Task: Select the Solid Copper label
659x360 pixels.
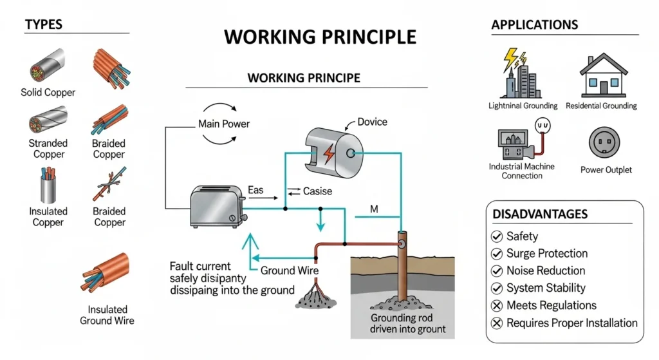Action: pos(48,92)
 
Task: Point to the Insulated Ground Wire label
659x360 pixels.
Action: pos(107,315)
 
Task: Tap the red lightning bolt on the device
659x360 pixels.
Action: pos(329,155)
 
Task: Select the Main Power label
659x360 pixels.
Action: pos(223,124)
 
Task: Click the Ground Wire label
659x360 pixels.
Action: pos(289,270)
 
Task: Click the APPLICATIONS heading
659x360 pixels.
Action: pos(534,25)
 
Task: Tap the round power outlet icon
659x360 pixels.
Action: pos(606,144)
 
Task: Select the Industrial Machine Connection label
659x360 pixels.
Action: pos(522,171)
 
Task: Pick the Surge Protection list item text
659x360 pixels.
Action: pos(546,253)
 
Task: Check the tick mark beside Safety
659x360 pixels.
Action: pos(497,236)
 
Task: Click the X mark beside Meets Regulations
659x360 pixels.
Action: pos(497,306)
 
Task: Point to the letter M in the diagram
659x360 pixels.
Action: pos(374,209)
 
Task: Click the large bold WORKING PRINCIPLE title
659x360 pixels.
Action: pos(320,37)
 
